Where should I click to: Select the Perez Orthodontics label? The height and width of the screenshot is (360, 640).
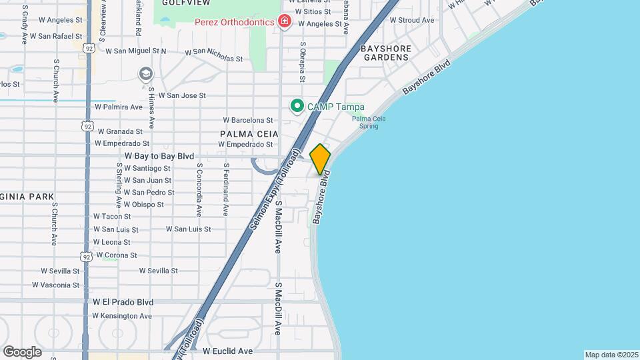(x=234, y=22)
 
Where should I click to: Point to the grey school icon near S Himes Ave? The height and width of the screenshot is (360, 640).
(x=145, y=73)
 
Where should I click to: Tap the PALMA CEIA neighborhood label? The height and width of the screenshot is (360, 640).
(x=249, y=134)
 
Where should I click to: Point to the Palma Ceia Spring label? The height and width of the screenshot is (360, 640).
(x=369, y=122)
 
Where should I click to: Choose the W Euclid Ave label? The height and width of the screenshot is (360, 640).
(x=228, y=351)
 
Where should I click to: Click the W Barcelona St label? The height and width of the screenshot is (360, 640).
(x=247, y=121)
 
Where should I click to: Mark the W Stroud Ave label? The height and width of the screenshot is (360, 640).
(x=412, y=20)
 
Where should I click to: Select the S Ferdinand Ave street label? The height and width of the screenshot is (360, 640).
(x=226, y=190)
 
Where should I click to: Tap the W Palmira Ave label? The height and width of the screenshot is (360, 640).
(x=119, y=107)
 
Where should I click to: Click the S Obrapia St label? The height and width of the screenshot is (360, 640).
(x=303, y=63)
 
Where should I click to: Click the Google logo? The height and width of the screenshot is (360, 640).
(x=22, y=351)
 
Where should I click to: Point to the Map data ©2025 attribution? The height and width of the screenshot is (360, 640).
(x=611, y=355)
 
